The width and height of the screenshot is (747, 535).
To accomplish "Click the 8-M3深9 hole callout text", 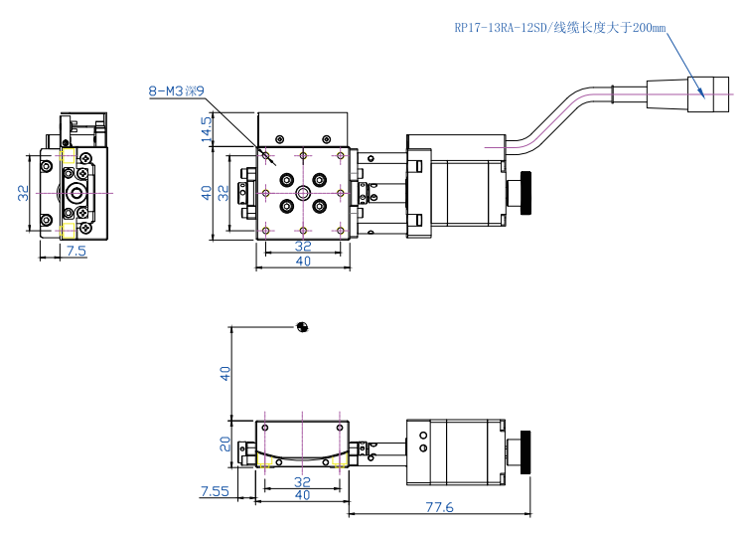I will tap(176, 92).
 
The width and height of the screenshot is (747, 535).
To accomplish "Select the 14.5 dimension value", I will tap(207, 128).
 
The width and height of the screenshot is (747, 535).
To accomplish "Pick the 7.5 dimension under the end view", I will tap(75, 252).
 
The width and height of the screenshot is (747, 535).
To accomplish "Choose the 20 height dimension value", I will tap(224, 444).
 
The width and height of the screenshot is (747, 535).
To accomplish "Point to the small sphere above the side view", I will tap(303, 326).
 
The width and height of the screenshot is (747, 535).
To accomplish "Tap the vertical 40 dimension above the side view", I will tap(224, 374).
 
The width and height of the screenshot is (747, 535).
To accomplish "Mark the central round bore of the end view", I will tap(76, 192).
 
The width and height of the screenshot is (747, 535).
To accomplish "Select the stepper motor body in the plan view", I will tap(473, 189).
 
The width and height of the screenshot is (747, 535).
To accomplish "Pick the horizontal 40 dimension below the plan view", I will tap(302, 262).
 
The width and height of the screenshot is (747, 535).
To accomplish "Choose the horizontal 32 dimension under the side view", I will tap(302, 481).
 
